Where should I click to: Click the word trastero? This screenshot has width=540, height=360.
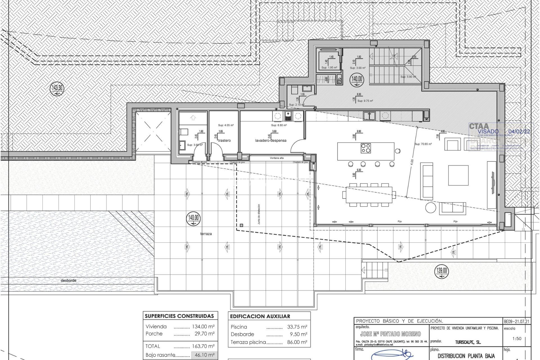(x=224, y=141)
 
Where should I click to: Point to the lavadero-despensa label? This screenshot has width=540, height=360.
(x=271, y=141)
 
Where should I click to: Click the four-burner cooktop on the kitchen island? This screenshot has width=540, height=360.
(x=366, y=148)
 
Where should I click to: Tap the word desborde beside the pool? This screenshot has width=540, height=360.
(x=68, y=280)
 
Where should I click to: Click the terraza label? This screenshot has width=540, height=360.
(x=206, y=234)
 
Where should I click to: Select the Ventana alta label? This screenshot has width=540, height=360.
(x=277, y=158)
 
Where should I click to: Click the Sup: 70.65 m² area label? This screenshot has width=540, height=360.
(x=423, y=144)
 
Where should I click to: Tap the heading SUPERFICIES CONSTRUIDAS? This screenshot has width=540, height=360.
(x=179, y=316)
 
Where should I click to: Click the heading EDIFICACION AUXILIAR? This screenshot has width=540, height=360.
(x=260, y=316)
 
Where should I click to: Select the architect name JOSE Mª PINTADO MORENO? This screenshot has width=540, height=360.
(x=390, y=334)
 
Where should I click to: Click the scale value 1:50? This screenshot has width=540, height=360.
(x=517, y=339)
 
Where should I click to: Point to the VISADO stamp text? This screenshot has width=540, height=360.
(x=488, y=131)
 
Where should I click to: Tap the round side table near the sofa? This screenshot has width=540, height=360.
(x=430, y=208)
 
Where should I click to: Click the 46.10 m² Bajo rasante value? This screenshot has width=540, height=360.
(x=204, y=355)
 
